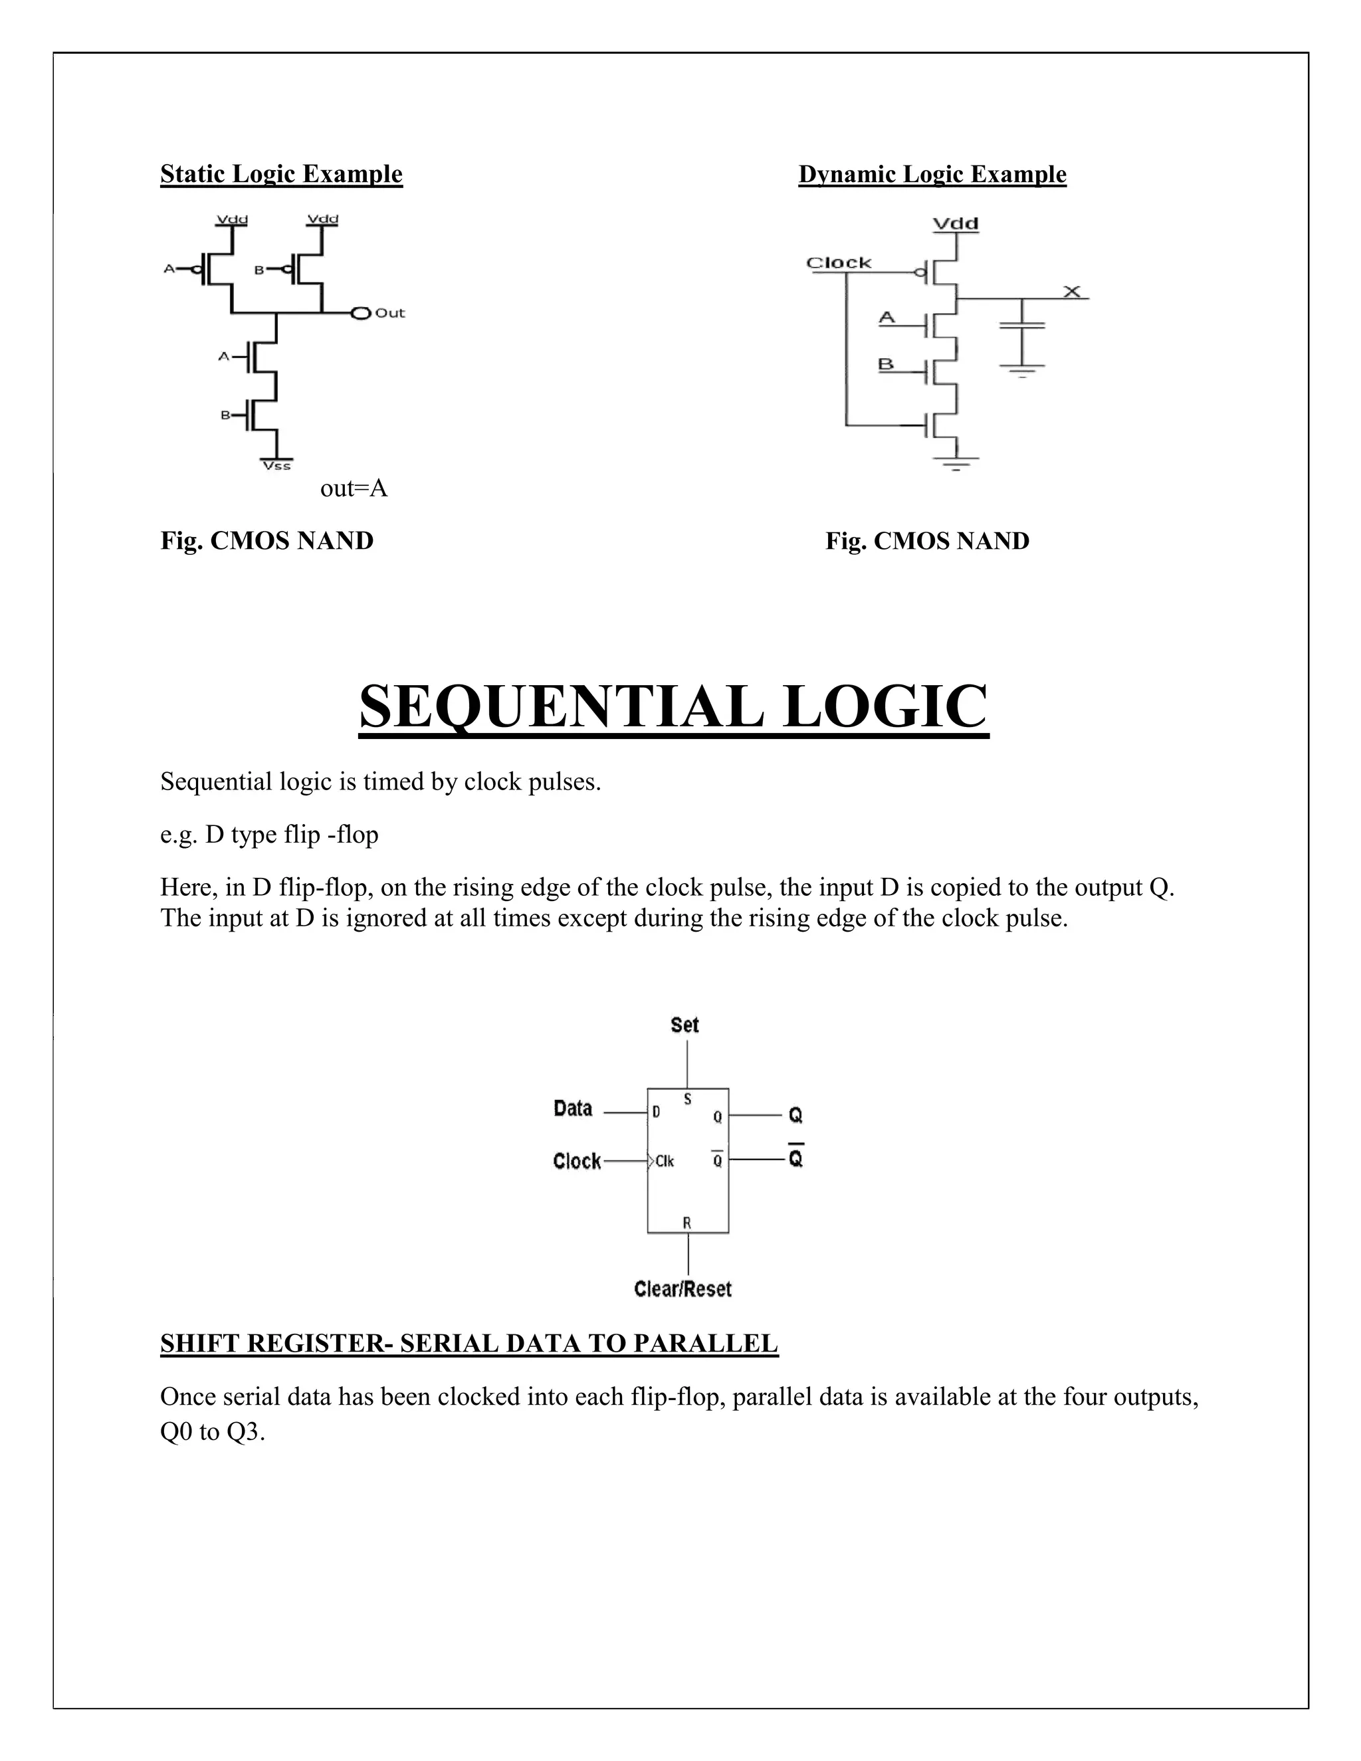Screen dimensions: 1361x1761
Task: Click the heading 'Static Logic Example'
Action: point(280,174)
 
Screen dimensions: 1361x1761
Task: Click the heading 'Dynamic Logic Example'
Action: point(932,174)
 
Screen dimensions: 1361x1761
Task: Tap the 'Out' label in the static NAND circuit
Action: point(389,313)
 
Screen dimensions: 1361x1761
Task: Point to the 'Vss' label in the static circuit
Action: point(276,466)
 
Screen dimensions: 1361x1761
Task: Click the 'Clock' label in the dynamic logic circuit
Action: point(839,263)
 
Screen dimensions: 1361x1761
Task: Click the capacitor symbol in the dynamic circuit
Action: point(1021,325)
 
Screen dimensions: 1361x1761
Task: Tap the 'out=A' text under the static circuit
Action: point(354,488)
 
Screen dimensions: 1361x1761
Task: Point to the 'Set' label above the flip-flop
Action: point(684,1025)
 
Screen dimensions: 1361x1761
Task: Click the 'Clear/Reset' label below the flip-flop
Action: point(683,1289)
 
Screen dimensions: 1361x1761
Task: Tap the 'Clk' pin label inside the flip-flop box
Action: point(665,1161)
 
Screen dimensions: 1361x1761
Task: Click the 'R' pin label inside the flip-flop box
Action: point(687,1223)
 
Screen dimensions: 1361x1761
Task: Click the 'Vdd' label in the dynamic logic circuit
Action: point(956,223)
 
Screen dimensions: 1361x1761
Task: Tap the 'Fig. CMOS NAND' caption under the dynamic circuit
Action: point(927,541)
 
